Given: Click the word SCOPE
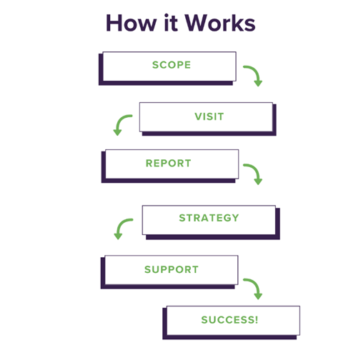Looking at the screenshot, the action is (x=172, y=65).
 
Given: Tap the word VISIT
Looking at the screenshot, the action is (x=209, y=116).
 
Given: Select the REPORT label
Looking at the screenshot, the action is (x=169, y=164).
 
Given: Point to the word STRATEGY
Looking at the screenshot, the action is (x=209, y=218).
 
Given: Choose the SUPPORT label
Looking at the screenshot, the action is (x=172, y=269).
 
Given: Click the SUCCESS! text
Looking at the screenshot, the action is (x=229, y=320).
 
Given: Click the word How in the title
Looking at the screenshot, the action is (x=131, y=23).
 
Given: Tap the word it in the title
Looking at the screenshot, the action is (x=171, y=23).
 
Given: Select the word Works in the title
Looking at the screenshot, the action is (x=220, y=23).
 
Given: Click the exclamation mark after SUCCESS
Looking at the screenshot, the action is (x=257, y=320).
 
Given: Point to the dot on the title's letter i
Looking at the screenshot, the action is (x=167, y=16).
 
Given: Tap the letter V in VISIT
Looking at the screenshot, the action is (x=199, y=116).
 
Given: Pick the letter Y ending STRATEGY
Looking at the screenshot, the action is (x=234, y=218).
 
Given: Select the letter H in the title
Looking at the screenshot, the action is (x=113, y=23).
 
